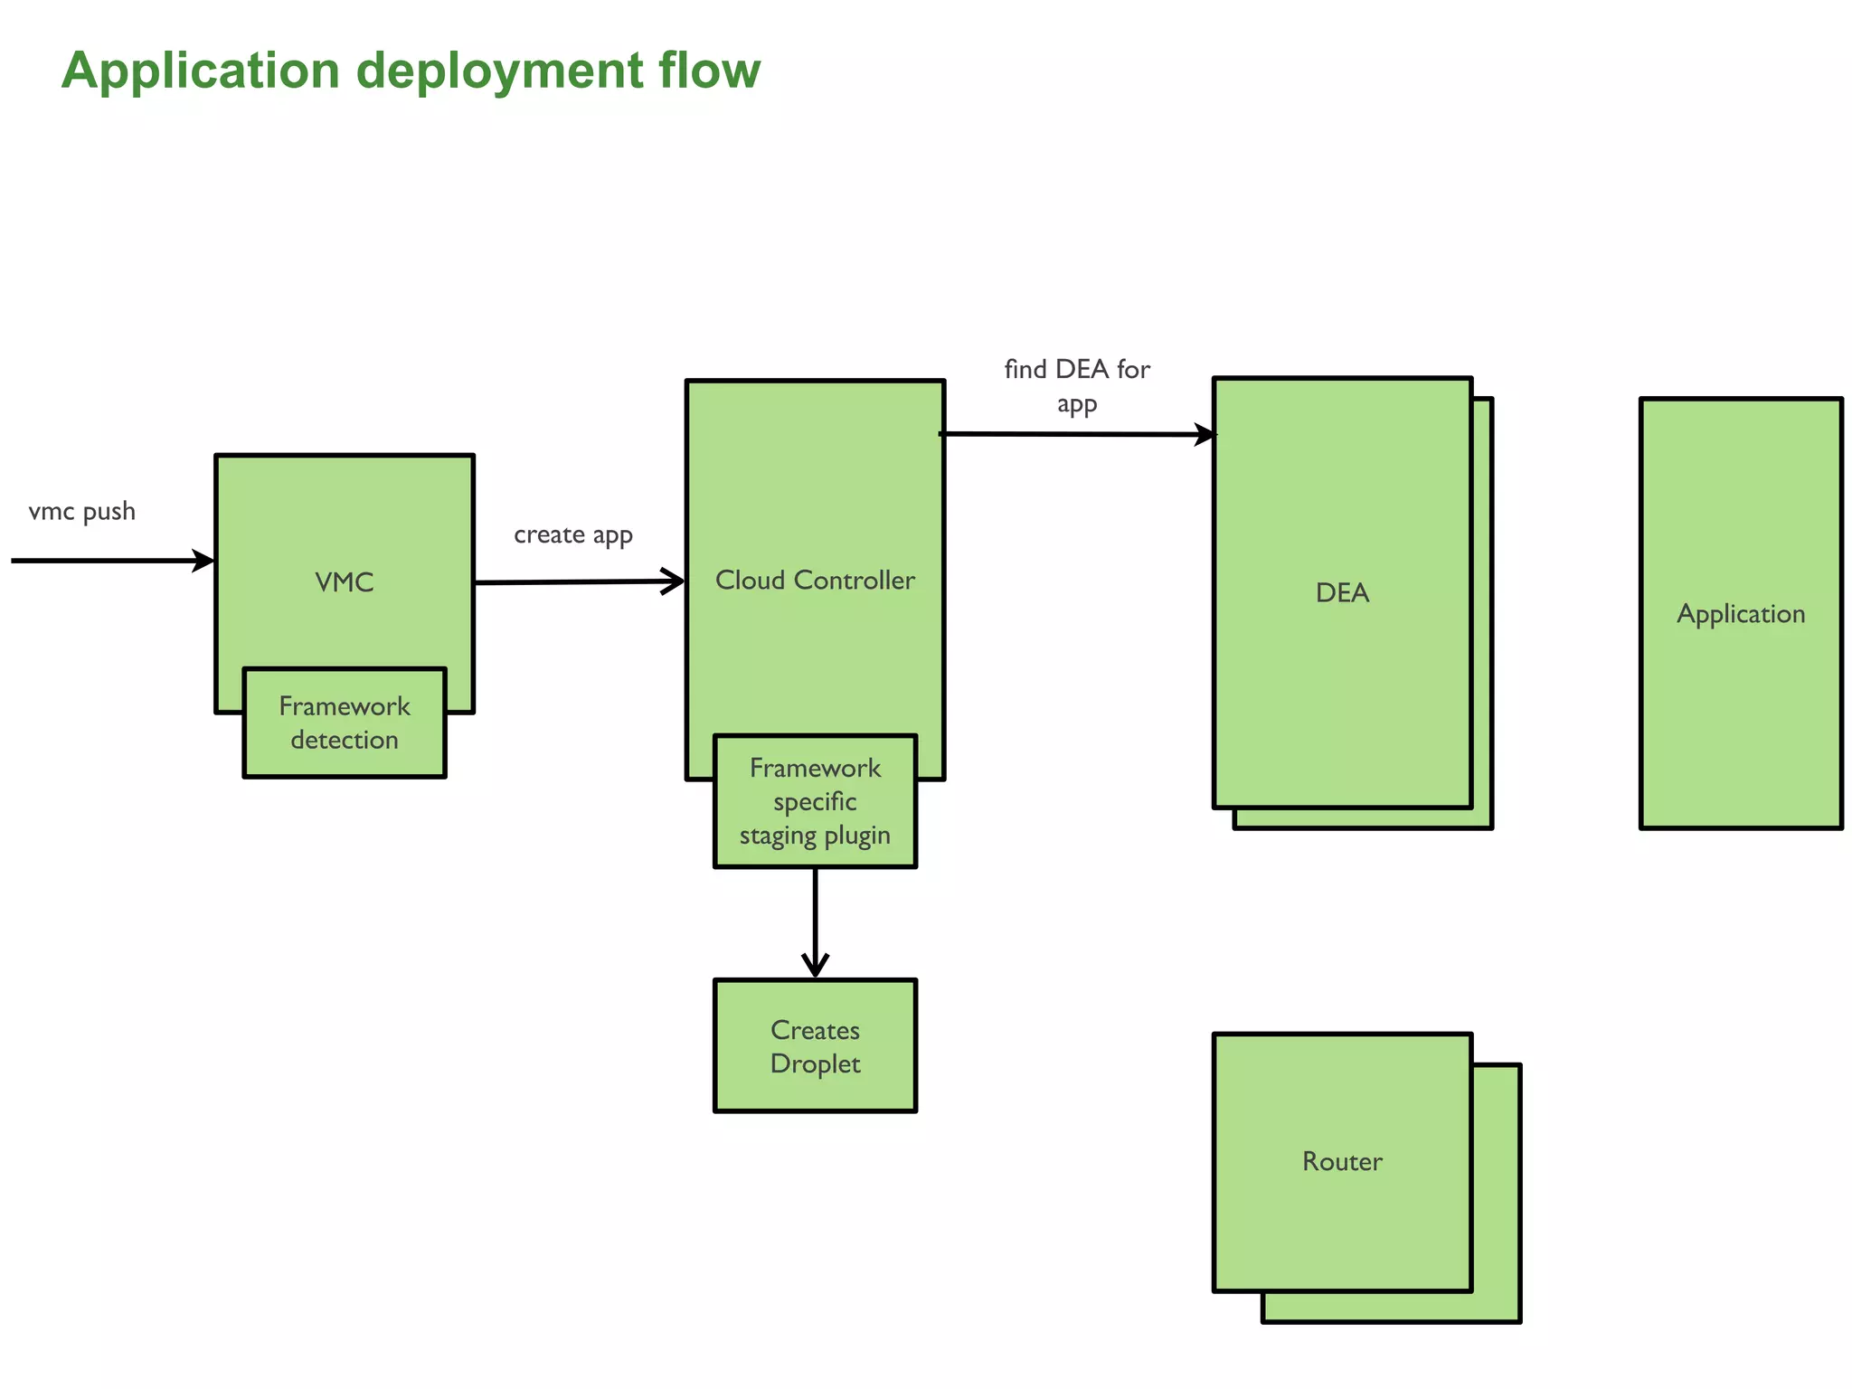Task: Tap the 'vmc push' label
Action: [x=82, y=512]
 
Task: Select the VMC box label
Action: [x=344, y=582]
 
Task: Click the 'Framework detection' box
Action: [x=345, y=723]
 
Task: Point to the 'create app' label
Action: [x=573, y=535]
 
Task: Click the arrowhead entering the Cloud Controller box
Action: [x=673, y=581]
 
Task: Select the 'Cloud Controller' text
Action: [x=815, y=581]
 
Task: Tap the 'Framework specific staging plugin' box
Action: [x=815, y=802]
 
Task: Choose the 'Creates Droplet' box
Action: [x=815, y=1046]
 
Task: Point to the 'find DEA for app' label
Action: [x=1076, y=385]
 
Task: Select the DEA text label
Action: [x=1342, y=593]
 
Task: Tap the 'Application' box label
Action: [x=1740, y=614]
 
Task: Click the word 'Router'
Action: [x=1342, y=1162]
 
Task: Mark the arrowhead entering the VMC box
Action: [x=203, y=561]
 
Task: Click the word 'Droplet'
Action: [x=815, y=1064]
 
